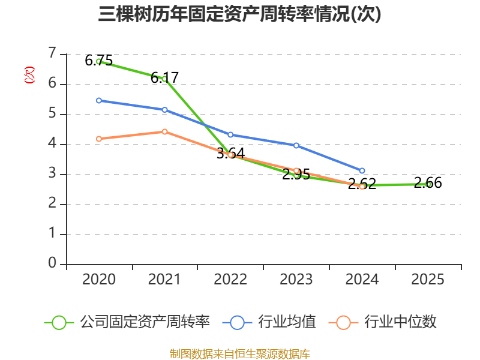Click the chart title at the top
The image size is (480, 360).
click(239, 14)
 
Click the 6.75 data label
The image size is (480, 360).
click(98, 60)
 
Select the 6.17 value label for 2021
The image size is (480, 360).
click(164, 77)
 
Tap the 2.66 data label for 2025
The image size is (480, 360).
click(428, 183)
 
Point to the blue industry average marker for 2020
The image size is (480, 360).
click(99, 100)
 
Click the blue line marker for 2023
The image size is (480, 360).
click(296, 145)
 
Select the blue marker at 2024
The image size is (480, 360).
click(362, 171)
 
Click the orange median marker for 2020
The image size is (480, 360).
click(99, 139)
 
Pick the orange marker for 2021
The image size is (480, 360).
click(165, 131)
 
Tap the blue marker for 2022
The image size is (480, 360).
click(230, 134)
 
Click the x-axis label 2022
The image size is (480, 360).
click(230, 280)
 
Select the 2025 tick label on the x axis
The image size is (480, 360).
click(428, 280)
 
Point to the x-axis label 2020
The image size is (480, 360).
click(99, 280)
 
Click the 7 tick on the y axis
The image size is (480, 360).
click(53, 54)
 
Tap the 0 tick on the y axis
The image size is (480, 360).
click(53, 264)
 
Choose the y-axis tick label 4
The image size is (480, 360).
click(53, 144)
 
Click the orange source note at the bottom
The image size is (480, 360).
click(239, 353)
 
